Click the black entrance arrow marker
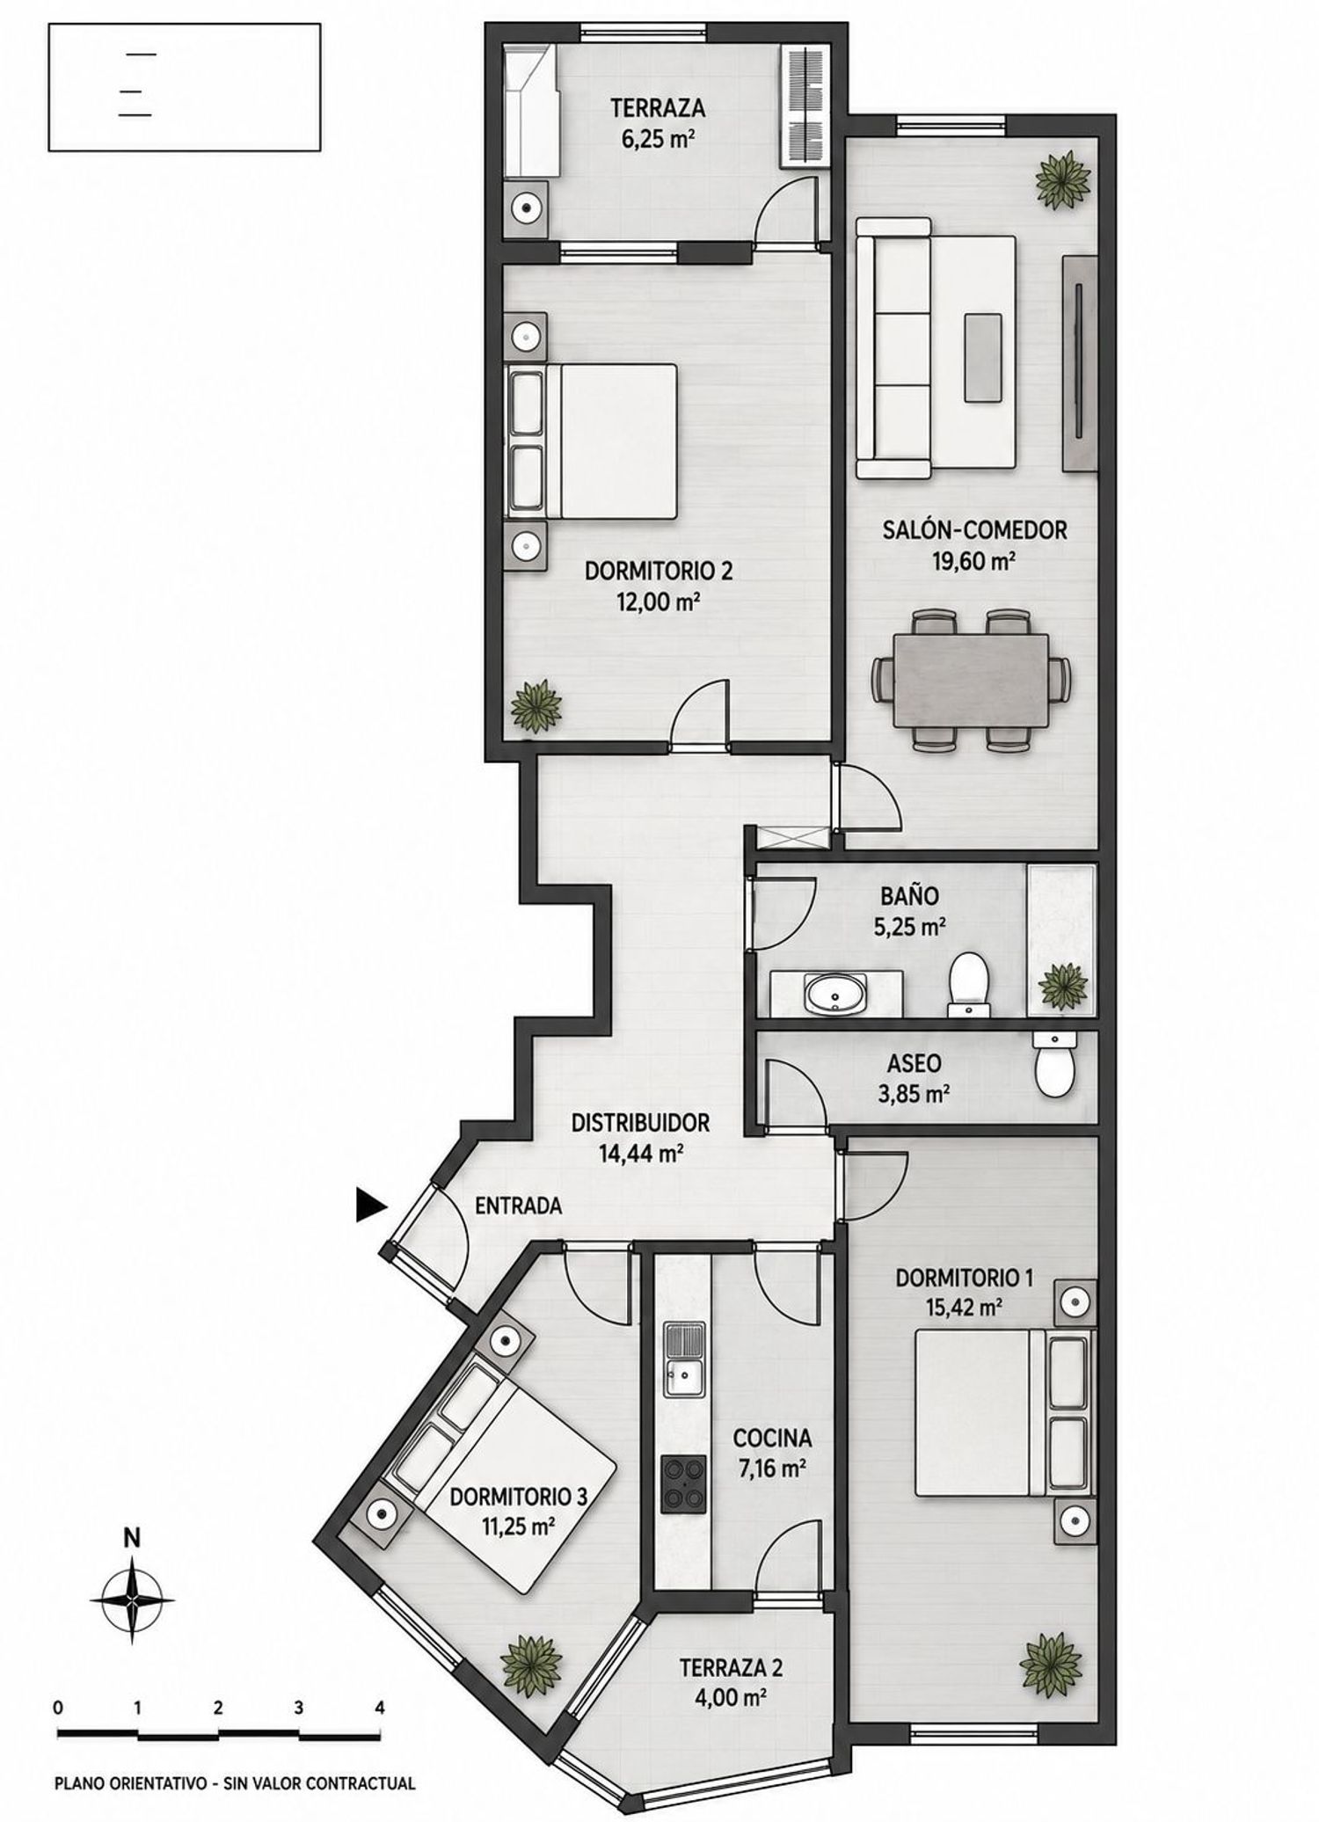(x=370, y=1205)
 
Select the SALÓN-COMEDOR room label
(x=974, y=530)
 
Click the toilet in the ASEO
(x=1054, y=1065)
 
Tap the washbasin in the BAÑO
(x=834, y=995)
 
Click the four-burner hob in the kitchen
(x=684, y=1484)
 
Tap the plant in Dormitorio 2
(x=536, y=705)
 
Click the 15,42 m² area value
(x=965, y=1307)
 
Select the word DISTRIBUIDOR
(x=640, y=1123)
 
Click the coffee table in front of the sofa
(x=983, y=358)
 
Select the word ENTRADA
(x=518, y=1206)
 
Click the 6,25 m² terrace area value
(x=659, y=138)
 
